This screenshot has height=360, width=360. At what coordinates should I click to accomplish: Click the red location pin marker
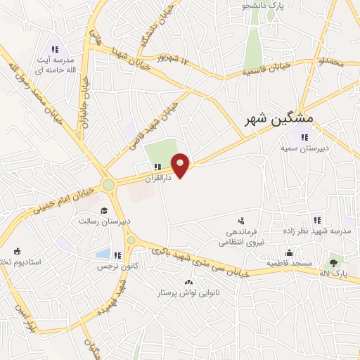point(181,166)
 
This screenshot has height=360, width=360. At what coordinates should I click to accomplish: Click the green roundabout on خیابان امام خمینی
point(108,185)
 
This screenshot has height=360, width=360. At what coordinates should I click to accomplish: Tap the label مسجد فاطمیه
point(288,263)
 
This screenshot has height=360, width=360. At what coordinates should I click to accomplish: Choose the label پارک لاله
point(333,273)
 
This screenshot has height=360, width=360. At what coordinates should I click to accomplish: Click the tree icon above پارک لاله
point(333,262)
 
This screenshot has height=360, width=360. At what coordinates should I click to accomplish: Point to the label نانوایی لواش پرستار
point(188,292)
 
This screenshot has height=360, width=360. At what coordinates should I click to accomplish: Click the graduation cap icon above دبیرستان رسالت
point(105,210)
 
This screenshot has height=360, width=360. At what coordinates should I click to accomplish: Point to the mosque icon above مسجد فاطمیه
point(288,253)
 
